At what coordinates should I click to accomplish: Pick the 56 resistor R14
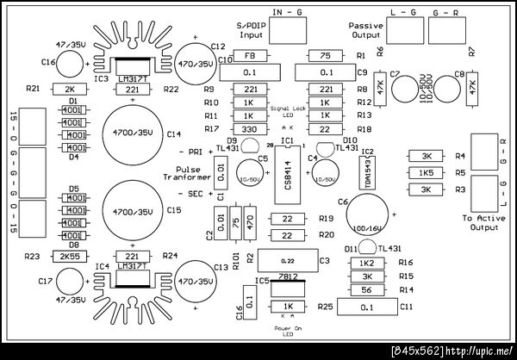(x=367, y=290)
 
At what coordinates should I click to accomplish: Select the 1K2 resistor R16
(x=367, y=263)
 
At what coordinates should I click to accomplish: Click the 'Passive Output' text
(x=365, y=30)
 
